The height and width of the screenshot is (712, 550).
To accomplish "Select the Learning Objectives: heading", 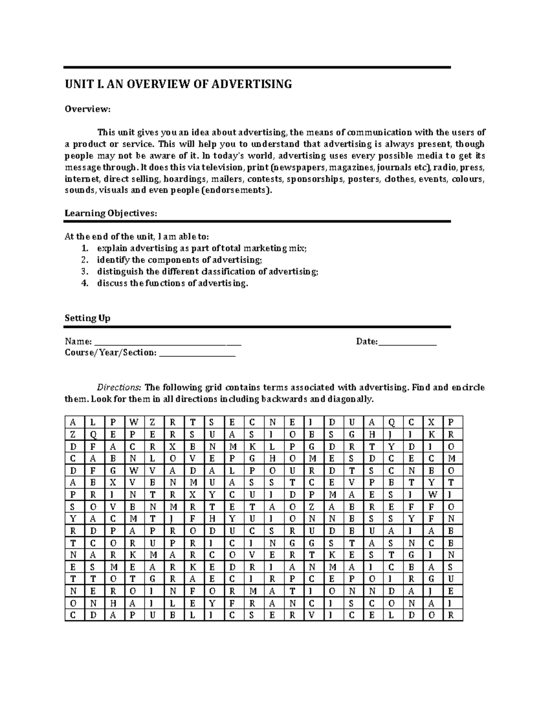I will coord(110,213).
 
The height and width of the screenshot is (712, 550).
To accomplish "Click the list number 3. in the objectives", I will coord(84,271).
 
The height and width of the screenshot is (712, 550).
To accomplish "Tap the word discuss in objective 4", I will coord(112,283).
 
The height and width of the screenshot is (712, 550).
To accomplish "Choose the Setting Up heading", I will coord(88,318).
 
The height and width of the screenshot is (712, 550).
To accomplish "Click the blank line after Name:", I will coord(167,342).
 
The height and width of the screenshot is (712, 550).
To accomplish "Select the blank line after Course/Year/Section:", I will coord(197,353).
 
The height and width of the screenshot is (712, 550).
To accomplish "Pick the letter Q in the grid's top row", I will coord(391,422).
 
